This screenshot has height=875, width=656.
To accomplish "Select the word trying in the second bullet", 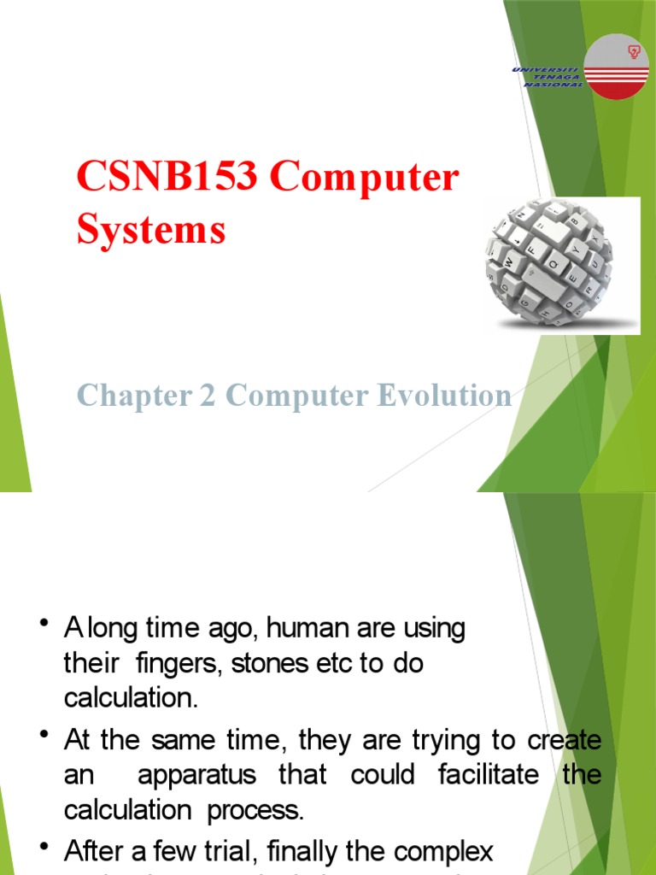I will [x=450, y=740].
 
